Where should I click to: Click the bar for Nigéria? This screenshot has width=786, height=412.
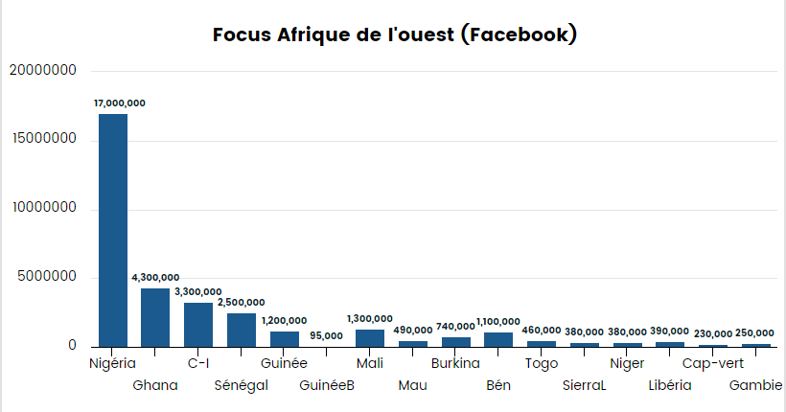(112, 230)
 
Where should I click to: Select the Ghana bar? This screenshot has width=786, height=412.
(155, 317)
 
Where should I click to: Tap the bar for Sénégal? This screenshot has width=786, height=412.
(241, 330)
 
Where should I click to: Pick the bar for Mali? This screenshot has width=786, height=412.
(369, 337)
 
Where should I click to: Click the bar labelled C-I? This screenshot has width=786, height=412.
(198, 324)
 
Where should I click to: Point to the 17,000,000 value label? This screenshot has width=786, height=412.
(120, 103)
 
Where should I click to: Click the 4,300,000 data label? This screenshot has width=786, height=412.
(155, 278)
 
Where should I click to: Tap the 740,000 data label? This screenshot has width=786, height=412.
(455, 327)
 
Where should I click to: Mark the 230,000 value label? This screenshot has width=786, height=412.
(713, 333)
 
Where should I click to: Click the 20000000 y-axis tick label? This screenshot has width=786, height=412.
(42, 71)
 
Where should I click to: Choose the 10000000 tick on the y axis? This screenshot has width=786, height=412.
(42, 209)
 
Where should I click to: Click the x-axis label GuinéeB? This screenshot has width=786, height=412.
(327, 385)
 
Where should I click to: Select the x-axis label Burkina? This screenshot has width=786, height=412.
(455, 363)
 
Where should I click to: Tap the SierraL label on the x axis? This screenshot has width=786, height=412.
(585, 385)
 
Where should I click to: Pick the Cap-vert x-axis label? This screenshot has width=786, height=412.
(713, 363)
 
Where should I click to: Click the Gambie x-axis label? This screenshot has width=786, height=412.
(756, 385)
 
